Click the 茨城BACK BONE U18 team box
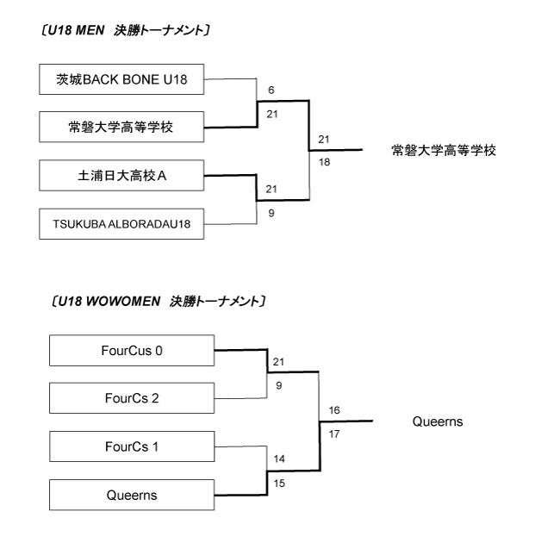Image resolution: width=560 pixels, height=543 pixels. [x=121, y=80]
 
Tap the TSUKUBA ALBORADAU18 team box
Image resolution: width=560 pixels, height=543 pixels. [x=121, y=225]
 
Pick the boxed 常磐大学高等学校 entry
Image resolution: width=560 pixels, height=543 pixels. [x=121, y=128]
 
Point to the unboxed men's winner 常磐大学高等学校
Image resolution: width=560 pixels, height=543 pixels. [x=444, y=150]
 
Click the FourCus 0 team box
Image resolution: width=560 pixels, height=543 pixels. [x=131, y=351]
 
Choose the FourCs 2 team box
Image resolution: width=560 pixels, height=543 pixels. [x=131, y=398]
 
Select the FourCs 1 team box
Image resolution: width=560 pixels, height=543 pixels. [x=131, y=446]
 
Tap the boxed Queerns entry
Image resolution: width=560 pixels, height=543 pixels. [x=131, y=495]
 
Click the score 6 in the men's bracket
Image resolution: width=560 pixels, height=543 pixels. [x=271, y=90]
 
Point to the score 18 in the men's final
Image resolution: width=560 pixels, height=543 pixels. [x=324, y=161]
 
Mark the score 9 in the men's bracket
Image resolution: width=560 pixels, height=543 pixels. [x=271, y=212]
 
